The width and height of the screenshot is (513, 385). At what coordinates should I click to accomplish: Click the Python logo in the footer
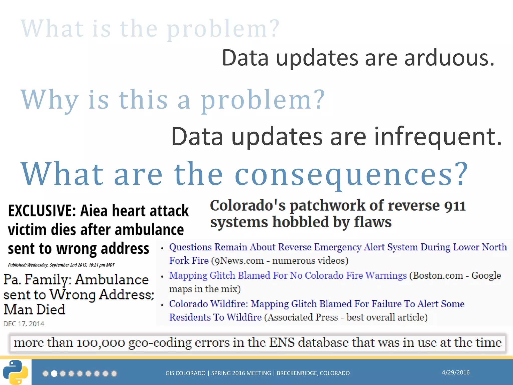click(16, 372)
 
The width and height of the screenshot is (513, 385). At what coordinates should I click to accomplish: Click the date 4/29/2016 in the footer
click(456, 372)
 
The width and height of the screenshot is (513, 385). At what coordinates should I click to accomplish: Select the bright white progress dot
click(54, 374)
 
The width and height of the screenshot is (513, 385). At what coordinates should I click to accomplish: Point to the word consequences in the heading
click(351, 174)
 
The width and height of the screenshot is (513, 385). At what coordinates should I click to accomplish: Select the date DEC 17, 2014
click(24, 324)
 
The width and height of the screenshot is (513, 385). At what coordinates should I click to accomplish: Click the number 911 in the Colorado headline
click(455, 206)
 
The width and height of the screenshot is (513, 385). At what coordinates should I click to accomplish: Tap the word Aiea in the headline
click(94, 211)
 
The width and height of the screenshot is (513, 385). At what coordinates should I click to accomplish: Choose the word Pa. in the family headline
click(12, 280)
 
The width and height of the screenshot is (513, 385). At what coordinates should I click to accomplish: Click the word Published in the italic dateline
click(17, 265)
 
